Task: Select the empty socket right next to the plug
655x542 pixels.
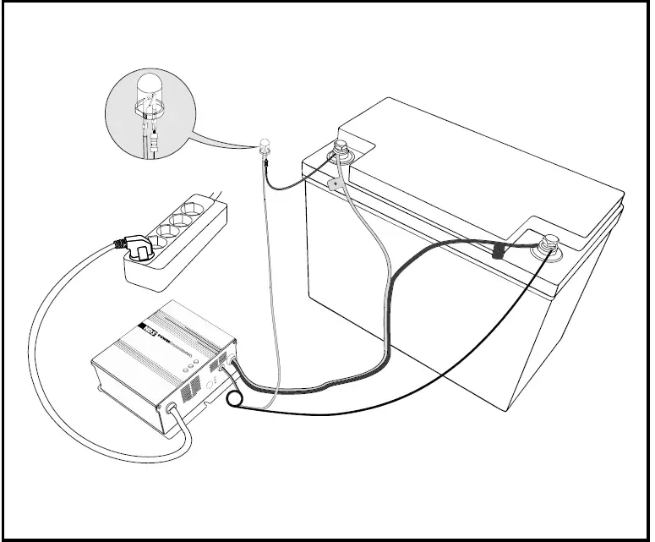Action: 161,229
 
